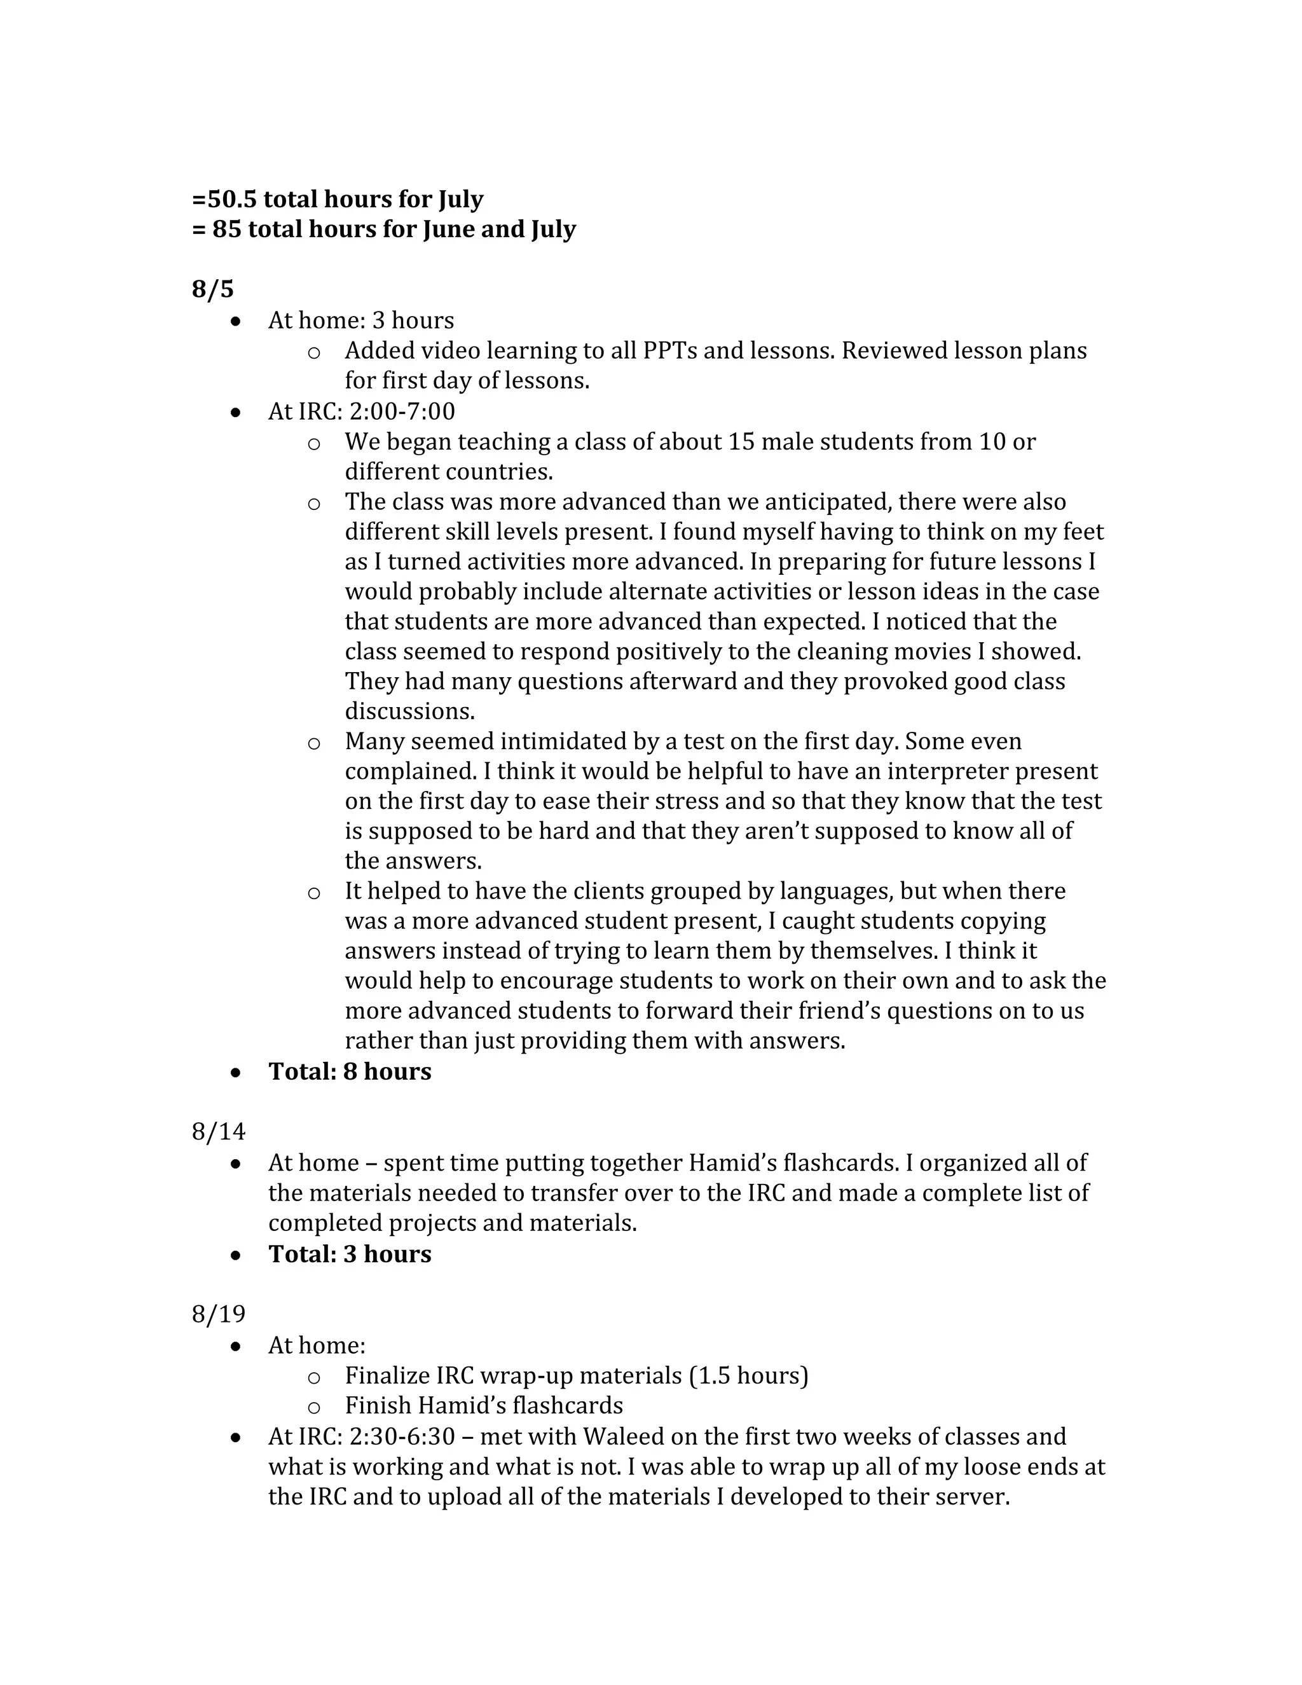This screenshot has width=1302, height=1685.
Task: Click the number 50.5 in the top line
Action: [x=231, y=199]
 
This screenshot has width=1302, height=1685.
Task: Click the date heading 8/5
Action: [x=212, y=289]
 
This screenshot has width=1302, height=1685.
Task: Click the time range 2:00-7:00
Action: [x=402, y=411]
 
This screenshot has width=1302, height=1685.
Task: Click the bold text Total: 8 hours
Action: [x=350, y=1071]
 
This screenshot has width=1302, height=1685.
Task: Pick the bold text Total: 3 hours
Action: [x=350, y=1253]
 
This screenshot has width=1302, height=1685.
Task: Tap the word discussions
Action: [x=409, y=711]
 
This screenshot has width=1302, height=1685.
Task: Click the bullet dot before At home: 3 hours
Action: [x=236, y=322]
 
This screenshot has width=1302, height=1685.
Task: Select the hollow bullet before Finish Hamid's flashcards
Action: [x=313, y=1407]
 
